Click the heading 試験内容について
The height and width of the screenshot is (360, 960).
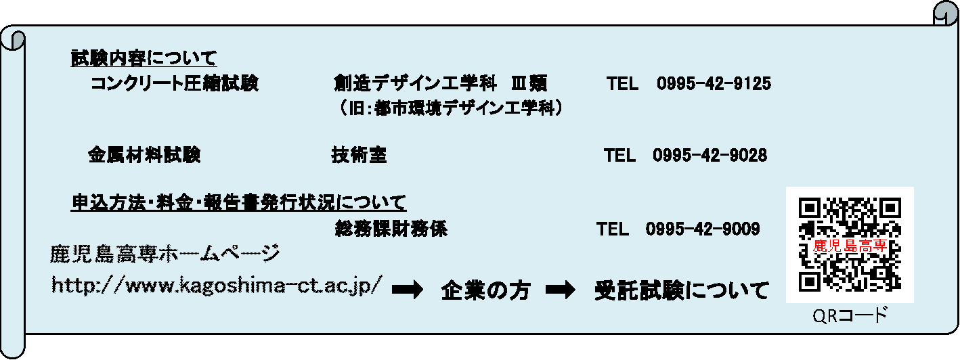144,58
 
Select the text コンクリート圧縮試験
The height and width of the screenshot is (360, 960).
175,84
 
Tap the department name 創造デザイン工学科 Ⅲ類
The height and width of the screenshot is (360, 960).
440,84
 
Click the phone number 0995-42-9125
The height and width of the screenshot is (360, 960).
714,84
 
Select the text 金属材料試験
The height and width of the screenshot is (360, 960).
144,156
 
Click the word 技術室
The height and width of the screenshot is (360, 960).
359,156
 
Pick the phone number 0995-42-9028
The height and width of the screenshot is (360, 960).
710,156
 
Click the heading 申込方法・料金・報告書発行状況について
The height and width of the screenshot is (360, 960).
239,202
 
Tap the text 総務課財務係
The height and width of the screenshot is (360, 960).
391,229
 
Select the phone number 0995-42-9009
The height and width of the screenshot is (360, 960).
703,229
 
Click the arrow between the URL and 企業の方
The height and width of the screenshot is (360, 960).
408,290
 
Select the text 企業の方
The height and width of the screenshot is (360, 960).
485,291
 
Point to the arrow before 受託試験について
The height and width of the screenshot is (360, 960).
560,290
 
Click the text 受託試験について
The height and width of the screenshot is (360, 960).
681,291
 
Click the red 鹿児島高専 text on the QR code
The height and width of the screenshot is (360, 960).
850,246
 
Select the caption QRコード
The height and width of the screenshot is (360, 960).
850,316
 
